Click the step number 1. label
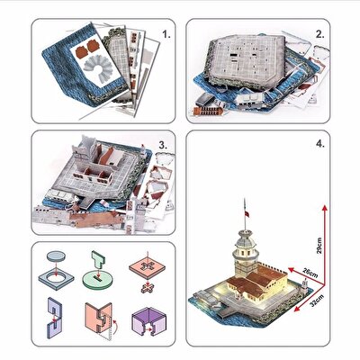(165, 38)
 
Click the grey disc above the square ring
(57, 255)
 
